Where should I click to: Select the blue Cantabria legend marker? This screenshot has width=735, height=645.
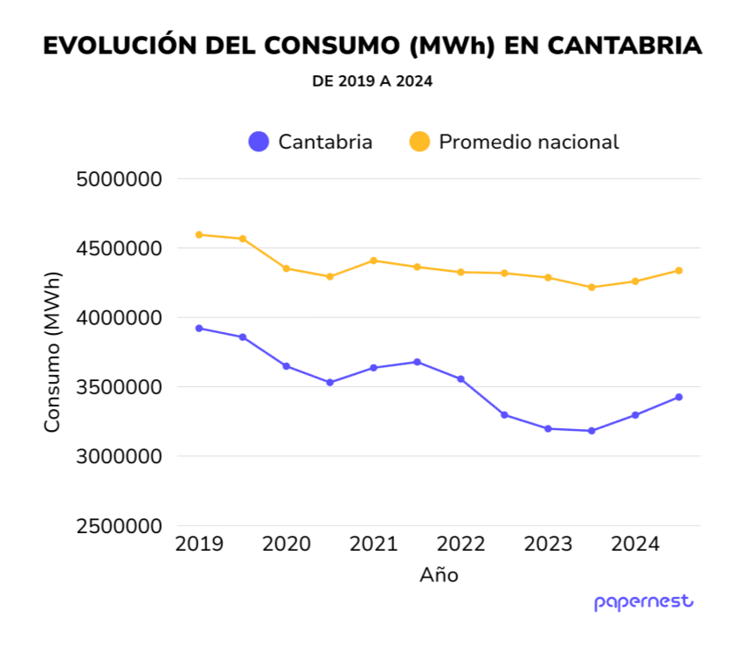(x=259, y=142)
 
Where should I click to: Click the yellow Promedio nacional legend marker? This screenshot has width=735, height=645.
(x=420, y=142)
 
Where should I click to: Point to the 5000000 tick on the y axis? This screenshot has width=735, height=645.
(x=120, y=179)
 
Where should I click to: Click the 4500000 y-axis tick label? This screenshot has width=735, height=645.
(x=120, y=248)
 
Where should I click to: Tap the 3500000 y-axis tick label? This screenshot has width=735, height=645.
(x=120, y=387)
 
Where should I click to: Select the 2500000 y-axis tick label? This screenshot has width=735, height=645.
(x=120, y=526)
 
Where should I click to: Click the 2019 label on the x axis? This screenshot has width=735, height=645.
(x=199, y=544)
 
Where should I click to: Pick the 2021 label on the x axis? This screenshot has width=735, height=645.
(x=374, y=544)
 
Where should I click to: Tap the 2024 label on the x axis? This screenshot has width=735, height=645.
(x=635, y=544)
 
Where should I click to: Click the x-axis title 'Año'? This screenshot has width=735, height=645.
(x=439, y=575)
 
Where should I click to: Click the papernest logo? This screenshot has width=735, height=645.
(x=643, y=602)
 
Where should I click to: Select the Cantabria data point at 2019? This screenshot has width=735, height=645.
(x=199, y=329)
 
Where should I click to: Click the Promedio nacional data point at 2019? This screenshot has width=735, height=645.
(x=199, y=235)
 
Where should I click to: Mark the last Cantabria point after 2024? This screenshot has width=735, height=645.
(x=679, y=397)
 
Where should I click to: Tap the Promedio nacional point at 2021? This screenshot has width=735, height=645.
(x=374, y=260)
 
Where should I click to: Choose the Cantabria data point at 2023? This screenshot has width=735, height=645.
(x=548, y=428)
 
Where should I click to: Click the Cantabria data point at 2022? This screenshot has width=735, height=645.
(x=461, y=379)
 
